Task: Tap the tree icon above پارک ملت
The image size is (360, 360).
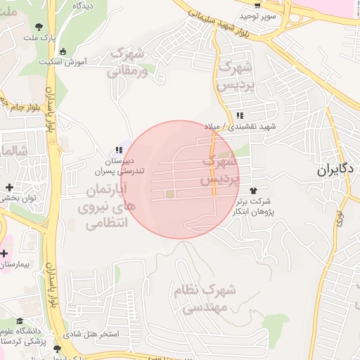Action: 37,27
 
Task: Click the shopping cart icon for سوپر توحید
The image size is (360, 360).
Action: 257,6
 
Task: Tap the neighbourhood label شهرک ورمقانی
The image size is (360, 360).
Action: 127,62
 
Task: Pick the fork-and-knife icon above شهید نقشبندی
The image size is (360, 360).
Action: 240,115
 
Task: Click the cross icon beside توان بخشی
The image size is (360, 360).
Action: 8,188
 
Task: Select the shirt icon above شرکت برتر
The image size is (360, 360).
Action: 253,191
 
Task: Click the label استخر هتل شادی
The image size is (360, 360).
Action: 91,333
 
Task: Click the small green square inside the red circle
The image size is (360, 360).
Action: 169,194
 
